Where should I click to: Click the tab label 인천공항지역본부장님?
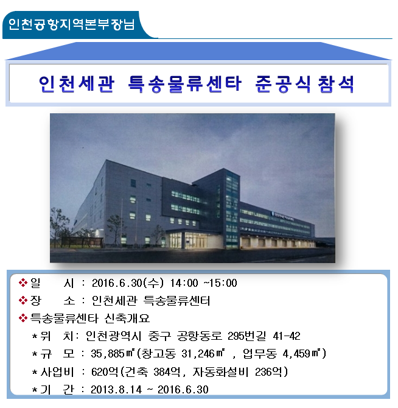71,24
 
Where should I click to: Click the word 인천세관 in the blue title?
77,84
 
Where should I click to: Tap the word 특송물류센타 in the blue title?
185,84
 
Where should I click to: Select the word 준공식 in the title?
283,84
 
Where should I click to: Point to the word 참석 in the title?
336,84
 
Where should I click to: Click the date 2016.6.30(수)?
128,283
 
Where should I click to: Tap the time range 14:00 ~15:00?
203,283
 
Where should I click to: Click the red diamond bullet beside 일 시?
23,283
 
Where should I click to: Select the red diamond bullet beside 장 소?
23,301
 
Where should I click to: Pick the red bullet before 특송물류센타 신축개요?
23,318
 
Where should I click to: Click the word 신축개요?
127,318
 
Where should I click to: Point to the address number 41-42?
287,336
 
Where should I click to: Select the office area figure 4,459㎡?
302,354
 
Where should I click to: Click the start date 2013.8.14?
116,390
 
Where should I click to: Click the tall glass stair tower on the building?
232,209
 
